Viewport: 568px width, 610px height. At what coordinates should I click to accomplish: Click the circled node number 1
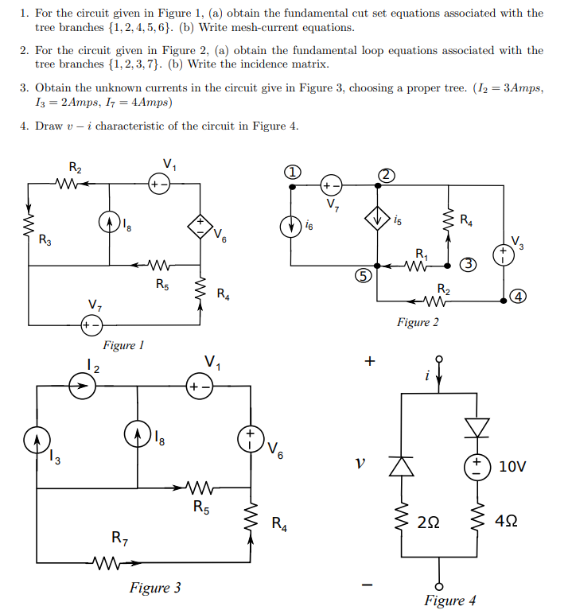click(x=294, y=173)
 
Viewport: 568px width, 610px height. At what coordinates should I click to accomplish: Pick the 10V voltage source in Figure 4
click(x=478, y=465)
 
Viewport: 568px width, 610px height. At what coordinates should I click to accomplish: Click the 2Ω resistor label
click(x=427, y=523)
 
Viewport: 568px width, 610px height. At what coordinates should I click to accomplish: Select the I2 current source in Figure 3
click(x=80, y=386)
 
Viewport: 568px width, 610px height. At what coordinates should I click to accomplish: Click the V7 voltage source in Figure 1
click(x=92, y=324)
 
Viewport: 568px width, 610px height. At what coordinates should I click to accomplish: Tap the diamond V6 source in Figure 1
click(x=200, y=225)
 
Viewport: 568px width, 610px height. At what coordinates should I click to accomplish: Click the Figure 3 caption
click(x=155, y=588)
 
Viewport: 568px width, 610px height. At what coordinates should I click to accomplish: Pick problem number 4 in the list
click(x=24, y=126)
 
